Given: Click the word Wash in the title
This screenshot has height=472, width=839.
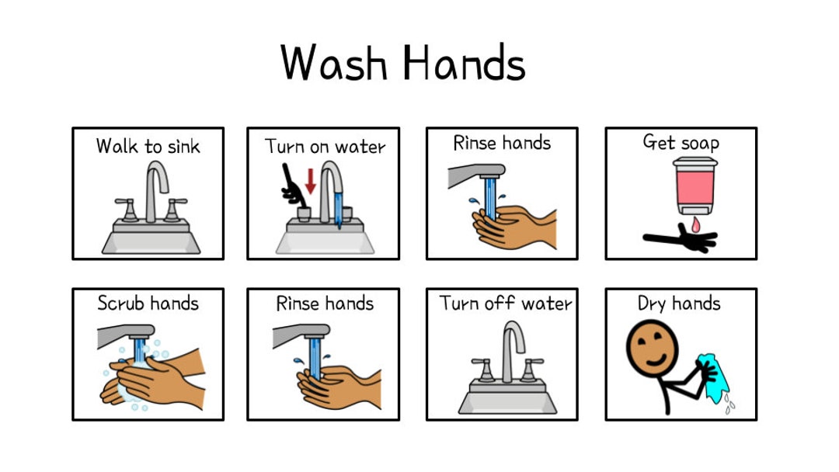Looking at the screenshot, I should tap(333, 63).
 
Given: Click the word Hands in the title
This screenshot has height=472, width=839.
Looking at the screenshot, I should tap(464, 63).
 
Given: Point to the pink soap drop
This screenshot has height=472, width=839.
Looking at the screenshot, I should tap(695, 224).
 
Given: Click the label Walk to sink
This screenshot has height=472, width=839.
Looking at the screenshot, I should tap(148, 146).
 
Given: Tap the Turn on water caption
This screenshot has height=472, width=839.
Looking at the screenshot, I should tap(325, 146).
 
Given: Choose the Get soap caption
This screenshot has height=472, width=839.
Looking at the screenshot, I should tap(681, 143).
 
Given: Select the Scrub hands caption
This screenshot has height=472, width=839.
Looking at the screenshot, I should tap(148, 304).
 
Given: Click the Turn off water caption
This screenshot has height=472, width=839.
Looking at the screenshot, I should tap(506, 304).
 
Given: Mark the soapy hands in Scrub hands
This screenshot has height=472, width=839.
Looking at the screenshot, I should tap(151, 377).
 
